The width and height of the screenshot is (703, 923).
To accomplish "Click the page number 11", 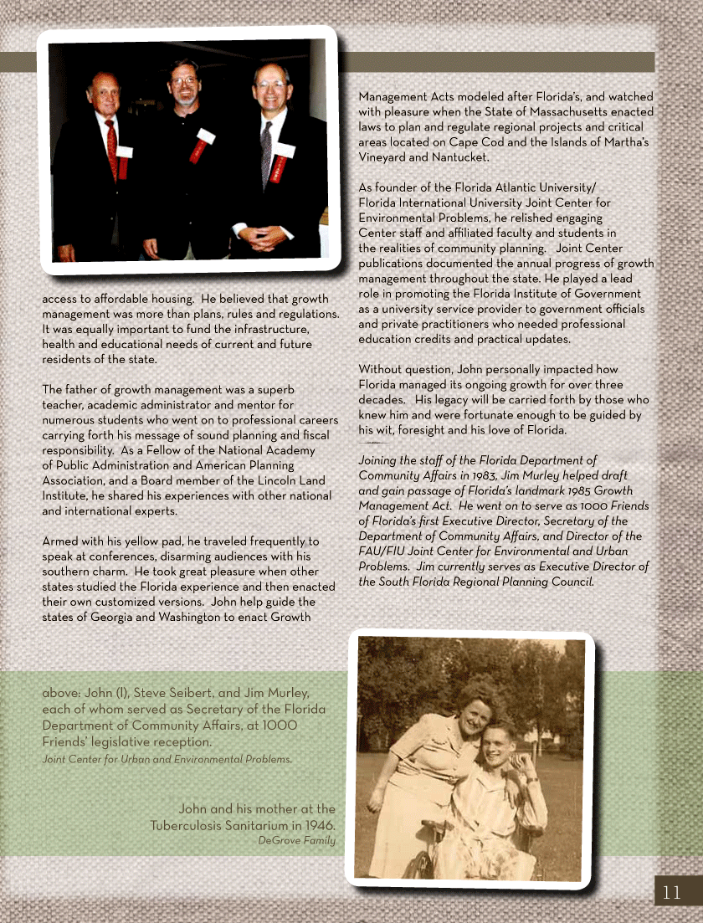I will click(672, 892).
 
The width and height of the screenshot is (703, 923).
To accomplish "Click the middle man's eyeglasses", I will click(184, 81).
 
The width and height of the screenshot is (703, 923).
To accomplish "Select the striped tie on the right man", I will click(266, 153).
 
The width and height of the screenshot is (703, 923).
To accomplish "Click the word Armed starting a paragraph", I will click(60, 541).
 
